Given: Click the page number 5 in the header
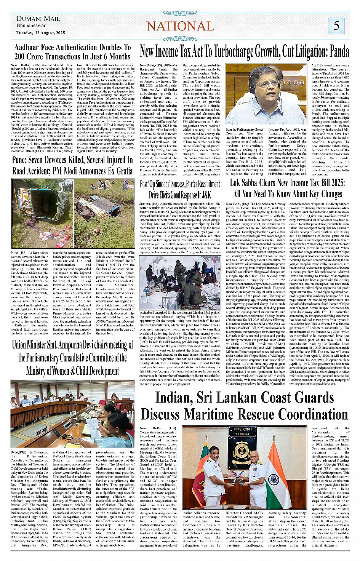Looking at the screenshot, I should (x=336, y=26).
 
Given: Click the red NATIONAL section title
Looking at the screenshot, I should (x=180, y=26).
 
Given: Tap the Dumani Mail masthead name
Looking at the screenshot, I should (x=38, y=18).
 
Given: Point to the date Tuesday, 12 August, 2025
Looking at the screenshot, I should (x=41, y=33).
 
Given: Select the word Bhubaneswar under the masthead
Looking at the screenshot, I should (x=31, y=26).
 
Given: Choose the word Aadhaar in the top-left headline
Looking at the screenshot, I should (x=30, y=48).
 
